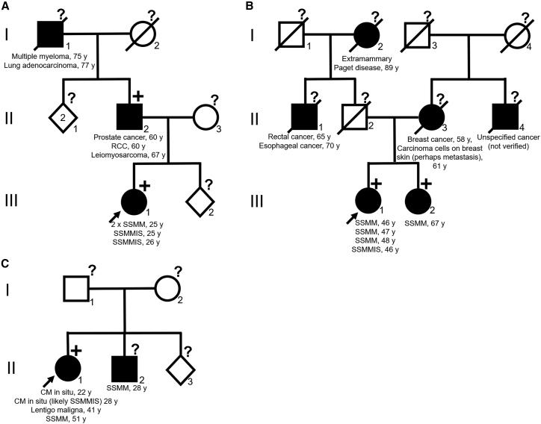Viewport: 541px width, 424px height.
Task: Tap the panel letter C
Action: pos(6,266)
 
